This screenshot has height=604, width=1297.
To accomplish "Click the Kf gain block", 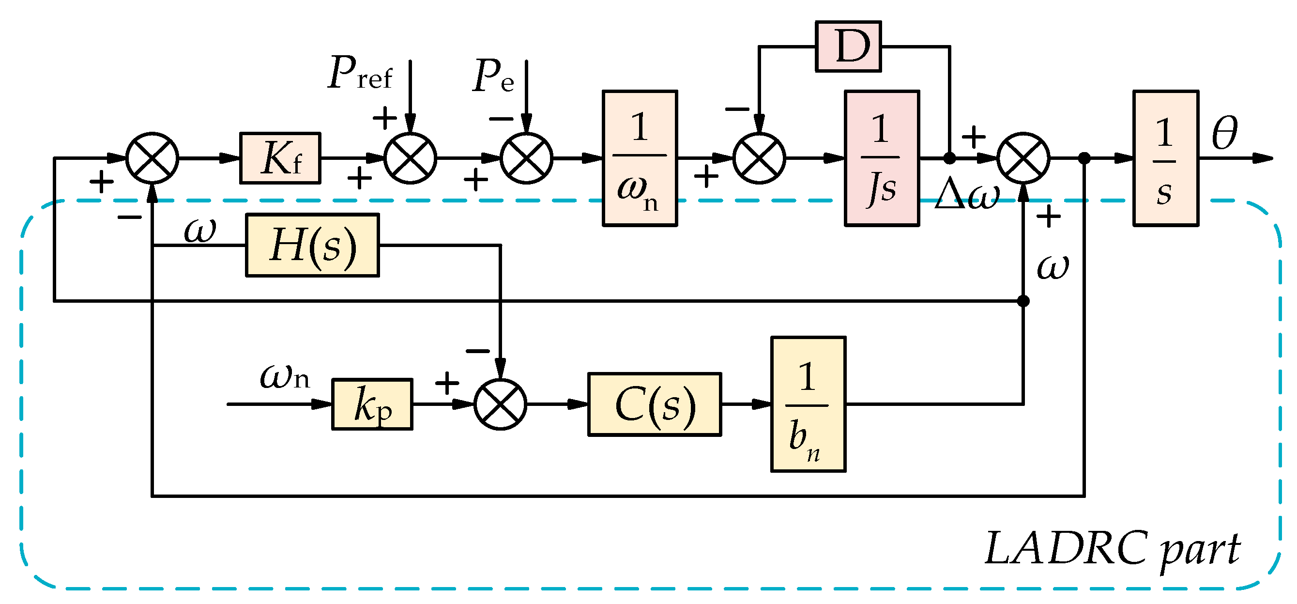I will click(280, 158).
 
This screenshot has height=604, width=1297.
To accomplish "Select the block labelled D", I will click(848, 46).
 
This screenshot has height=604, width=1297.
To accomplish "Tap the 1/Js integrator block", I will click(882, 158).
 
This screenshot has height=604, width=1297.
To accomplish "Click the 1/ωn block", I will click(640, 158).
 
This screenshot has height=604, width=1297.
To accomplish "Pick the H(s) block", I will click(312, 245).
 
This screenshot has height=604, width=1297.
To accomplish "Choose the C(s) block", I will click(655, 404).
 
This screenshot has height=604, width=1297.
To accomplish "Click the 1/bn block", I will click(808, 404).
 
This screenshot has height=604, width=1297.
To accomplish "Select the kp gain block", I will click(372, 404).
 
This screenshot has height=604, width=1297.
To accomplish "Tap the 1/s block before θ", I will click(1166, 158).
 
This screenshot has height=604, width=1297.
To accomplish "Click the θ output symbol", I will click(1224, 133).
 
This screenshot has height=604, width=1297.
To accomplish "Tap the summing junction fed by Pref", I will click(411, 158).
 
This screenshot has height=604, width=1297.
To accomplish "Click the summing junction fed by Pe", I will click(526, 158).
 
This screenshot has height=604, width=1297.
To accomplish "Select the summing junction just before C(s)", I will click(500, 404).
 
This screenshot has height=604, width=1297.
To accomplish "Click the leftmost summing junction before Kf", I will click(152, 158).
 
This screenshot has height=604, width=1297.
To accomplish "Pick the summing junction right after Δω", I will click(1023, 158).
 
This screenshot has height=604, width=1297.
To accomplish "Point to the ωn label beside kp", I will click(285, 377).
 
